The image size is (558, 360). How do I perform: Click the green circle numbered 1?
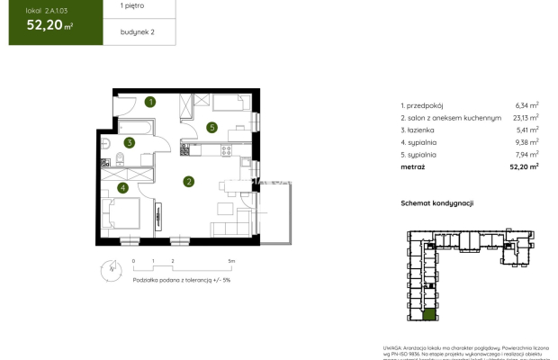(x=151, y=102)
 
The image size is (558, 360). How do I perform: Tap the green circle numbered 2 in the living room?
(x=188, y=181)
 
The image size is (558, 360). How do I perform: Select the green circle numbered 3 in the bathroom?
(x=130, y=142)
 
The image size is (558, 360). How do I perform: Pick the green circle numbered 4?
(x=123, y=188)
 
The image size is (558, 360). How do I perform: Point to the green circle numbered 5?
(x=211, y=128)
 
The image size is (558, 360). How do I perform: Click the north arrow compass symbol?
(x=110, y=267)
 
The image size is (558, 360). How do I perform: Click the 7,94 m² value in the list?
(x=526, y=154)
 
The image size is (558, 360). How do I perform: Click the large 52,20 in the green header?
(x=44, y=25)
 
